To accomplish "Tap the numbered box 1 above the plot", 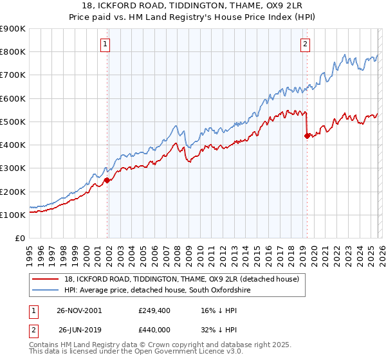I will (x=105, y=44).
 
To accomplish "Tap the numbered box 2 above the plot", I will (x=305, y=44).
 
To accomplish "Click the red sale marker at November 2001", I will (x=107, y=180).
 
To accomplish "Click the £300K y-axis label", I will (x=13, y=168).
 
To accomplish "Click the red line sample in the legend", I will (x=46, y=280).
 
